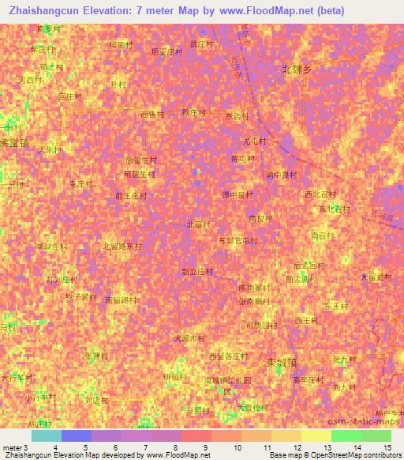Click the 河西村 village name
point(29,80)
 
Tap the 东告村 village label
point(238,115)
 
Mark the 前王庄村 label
point(130,194)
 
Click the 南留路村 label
point(121,300)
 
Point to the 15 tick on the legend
point(387,447)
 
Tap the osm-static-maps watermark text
point(372,423)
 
